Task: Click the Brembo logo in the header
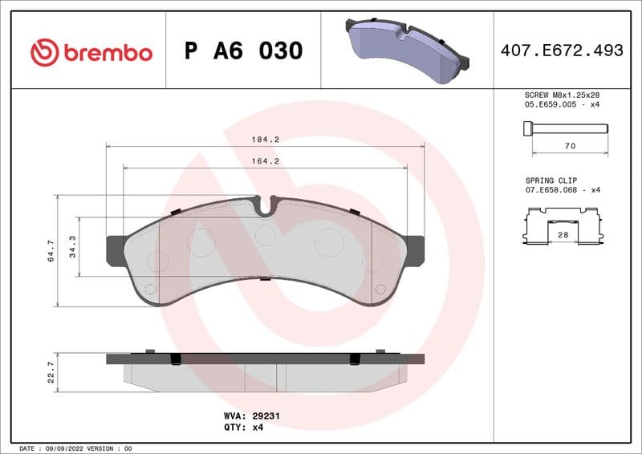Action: pos(91,52)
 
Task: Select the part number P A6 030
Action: pos(243,51)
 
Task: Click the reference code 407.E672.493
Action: pos(562,51)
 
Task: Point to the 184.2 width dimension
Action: pos(266,139)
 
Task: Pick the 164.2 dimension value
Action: pos(266,160)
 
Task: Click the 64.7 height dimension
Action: pos(51,250)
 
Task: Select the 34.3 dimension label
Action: pos(72,246)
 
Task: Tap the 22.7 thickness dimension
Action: pos(51,371)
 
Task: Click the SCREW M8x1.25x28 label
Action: pos(563,95)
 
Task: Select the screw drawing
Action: pos(565,128)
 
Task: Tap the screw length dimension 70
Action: pos(570,147)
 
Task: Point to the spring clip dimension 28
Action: pos(563,233)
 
